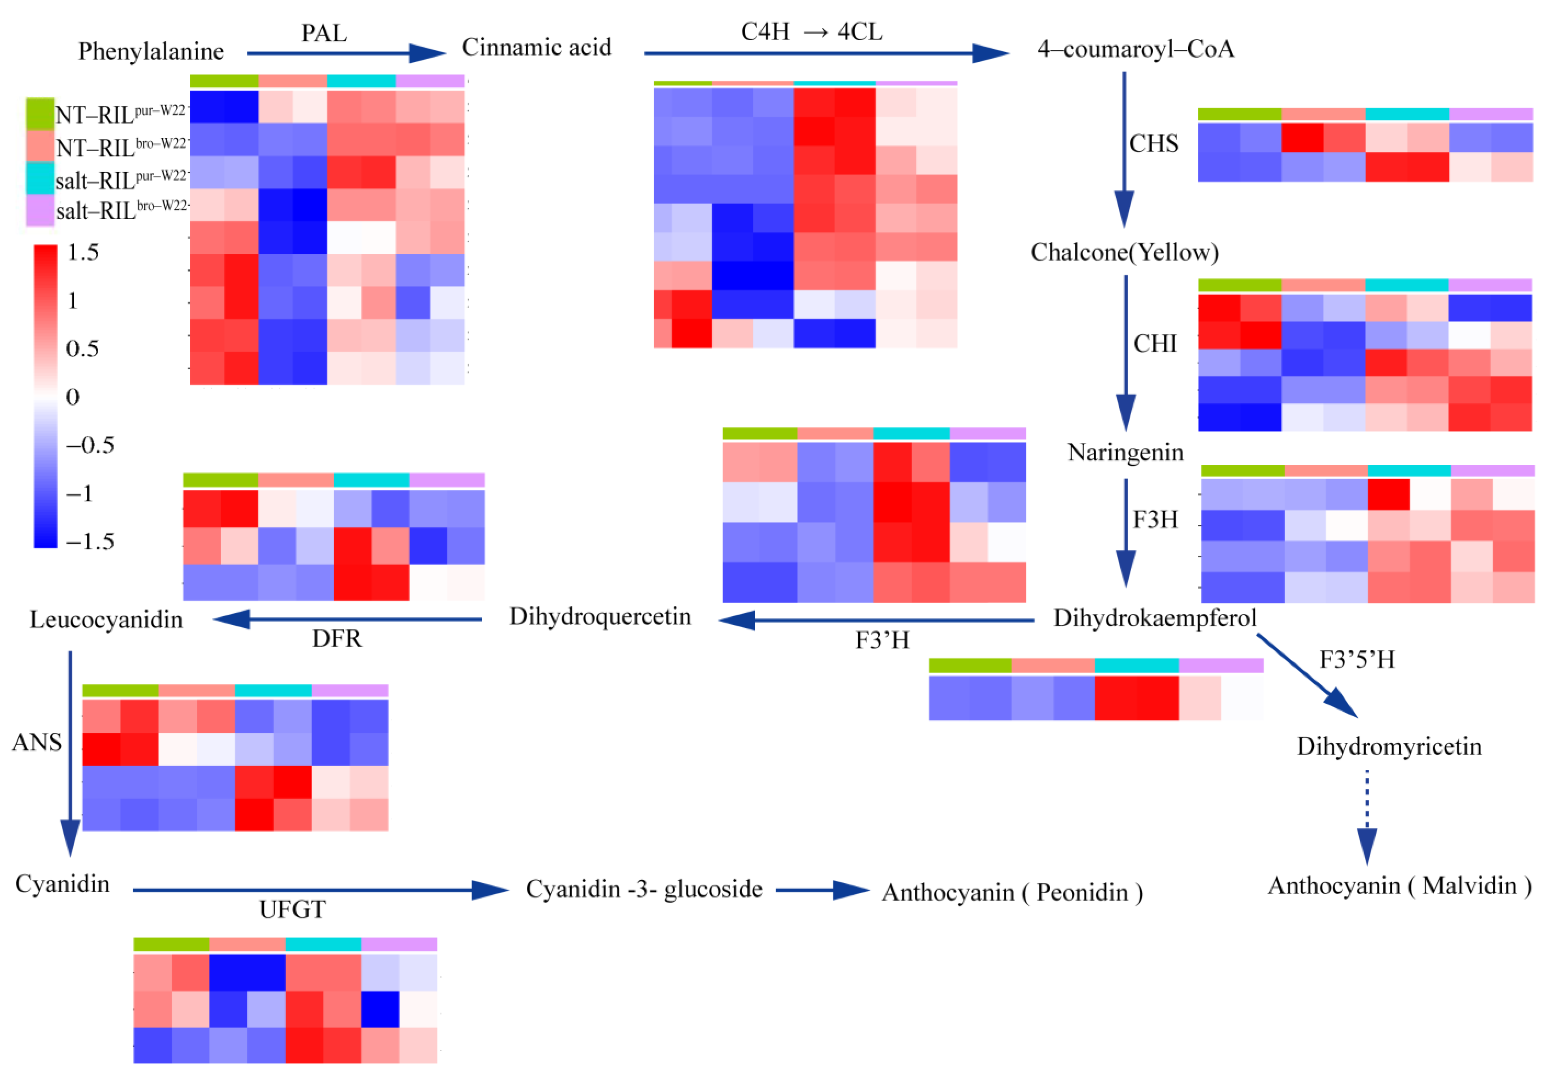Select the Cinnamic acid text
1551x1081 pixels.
pos(536,47)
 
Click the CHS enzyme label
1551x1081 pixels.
pos(1154,143)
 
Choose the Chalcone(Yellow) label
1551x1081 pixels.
pos(1124,252)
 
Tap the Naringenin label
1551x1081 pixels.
pos(1125,452)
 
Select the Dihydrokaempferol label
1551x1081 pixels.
pos(1154,617)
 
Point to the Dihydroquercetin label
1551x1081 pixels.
pos(600,616)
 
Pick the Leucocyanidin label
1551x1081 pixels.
pos(106,620)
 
